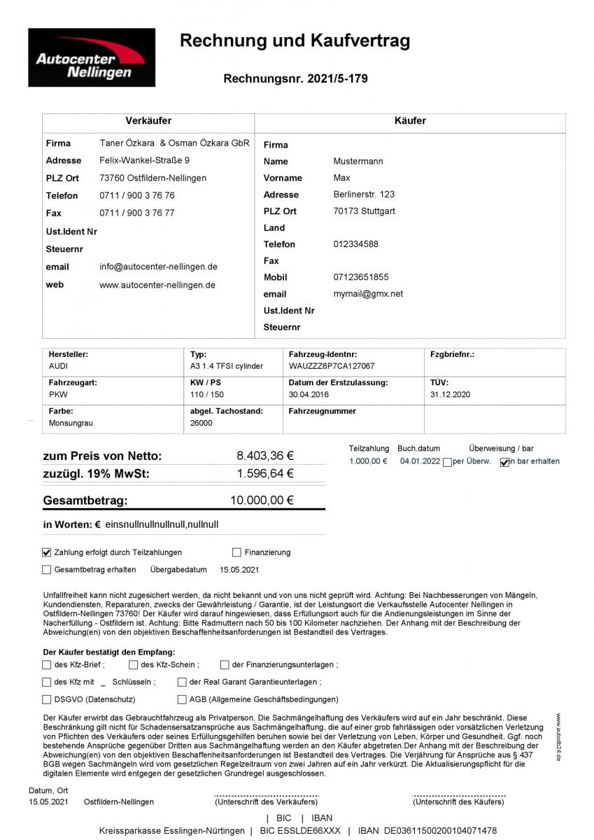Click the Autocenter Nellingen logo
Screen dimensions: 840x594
click(92, 57)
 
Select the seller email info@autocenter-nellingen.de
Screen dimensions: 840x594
click(158, 267)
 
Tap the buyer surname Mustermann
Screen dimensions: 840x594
click(358, 161)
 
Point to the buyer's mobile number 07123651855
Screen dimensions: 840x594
click(361, 277)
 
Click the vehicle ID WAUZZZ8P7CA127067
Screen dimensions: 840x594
click(331, 366)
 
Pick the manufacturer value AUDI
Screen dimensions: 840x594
click(59, 366)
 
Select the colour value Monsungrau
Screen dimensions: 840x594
click(71, 423)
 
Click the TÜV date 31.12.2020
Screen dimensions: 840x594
click(451, 395)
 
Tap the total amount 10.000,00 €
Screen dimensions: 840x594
click(262, 500)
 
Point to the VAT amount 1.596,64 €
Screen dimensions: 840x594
click(265, 474)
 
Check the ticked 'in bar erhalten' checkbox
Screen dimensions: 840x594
click(504, 462)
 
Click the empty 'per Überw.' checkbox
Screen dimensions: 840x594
click(447, 462)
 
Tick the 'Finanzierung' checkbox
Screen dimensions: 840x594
click(237, 552)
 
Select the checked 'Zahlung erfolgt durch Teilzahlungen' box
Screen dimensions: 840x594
click(47, 552)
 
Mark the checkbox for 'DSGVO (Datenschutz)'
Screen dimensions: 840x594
click(47, 699)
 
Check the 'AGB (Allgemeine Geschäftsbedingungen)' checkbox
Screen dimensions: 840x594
click(183, 699)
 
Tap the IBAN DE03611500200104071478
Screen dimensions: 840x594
click(441, 831)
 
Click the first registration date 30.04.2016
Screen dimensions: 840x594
click(309, 395)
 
